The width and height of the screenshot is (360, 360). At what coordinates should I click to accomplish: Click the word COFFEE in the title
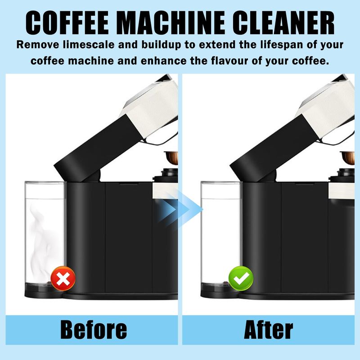67,23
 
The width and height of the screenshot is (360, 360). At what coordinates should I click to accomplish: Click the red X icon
63,278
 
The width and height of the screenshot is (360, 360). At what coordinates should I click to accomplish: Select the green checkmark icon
241,278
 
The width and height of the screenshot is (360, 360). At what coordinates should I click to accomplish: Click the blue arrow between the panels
180,209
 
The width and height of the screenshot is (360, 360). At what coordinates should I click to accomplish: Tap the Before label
94,330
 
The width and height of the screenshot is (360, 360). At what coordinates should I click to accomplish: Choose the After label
268,330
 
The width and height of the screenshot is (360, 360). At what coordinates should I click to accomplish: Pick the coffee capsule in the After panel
347,157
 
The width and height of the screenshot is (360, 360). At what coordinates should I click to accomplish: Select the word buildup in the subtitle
161,45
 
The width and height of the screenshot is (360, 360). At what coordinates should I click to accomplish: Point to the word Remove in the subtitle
38,45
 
